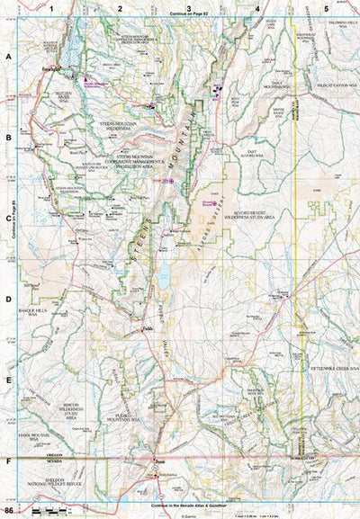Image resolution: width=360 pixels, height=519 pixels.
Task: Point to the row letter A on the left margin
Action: tap(8, 56)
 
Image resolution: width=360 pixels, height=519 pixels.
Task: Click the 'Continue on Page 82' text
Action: tap(187, 15)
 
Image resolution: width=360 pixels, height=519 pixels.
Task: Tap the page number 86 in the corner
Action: tap(8, 511)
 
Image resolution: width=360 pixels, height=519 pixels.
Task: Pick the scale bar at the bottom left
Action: tap(47, 511)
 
